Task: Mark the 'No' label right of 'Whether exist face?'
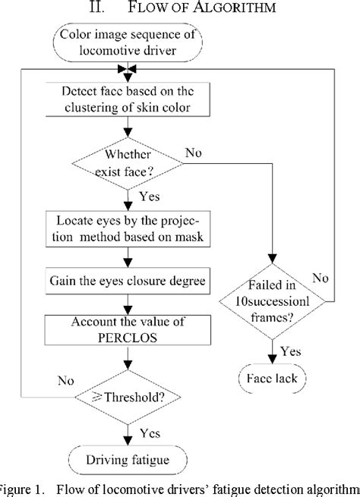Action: pos(193,153)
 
